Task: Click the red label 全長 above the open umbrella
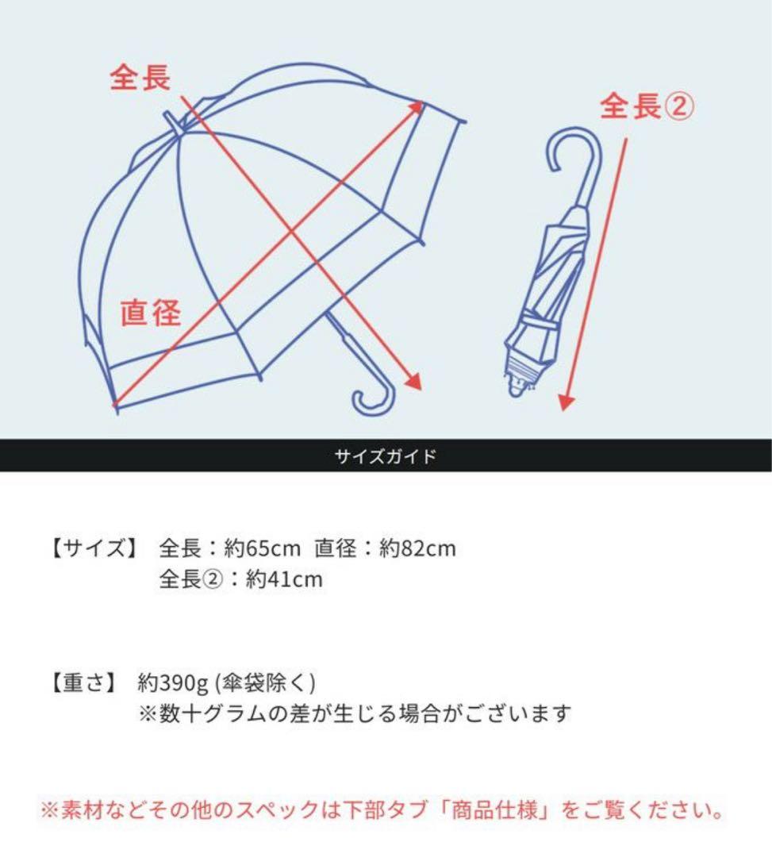140,77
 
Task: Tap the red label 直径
151,313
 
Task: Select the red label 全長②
647,106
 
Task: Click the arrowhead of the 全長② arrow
564,402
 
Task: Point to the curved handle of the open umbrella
373,397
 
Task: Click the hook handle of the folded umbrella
572,155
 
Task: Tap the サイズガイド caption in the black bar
386,457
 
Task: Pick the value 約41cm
284,579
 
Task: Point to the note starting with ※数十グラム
355,713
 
